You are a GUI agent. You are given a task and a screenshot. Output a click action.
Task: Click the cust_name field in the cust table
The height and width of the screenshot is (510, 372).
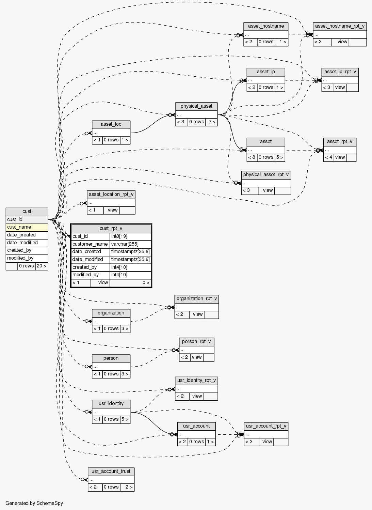27,227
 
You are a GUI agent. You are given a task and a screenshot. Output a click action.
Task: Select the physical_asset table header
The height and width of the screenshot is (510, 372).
196,106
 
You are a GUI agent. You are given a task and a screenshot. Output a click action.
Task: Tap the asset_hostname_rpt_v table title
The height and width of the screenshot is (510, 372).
339,26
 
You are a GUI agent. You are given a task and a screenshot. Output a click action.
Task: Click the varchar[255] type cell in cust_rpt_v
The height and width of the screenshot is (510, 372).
130,244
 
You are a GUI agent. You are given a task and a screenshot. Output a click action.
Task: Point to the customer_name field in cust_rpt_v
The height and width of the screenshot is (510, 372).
90,244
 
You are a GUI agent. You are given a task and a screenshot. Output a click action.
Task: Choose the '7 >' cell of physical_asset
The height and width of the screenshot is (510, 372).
211,122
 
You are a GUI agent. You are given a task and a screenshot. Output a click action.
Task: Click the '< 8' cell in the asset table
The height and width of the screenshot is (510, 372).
252,157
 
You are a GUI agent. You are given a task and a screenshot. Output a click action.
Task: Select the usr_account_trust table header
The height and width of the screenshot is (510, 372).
111,472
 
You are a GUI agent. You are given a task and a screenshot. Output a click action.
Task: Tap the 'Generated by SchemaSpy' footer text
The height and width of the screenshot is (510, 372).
34,503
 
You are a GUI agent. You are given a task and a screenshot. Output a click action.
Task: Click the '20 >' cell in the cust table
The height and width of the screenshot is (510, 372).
41,266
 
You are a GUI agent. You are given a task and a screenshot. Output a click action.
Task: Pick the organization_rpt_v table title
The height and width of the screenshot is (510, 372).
196,299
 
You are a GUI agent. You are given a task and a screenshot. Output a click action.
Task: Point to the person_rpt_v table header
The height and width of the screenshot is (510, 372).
196,341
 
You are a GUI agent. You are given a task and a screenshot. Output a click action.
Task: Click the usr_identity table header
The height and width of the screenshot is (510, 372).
111,404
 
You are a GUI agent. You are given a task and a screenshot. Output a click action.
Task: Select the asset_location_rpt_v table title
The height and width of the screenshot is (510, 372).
111,195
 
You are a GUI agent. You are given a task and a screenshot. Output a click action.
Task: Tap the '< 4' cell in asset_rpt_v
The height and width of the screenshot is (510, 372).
328,157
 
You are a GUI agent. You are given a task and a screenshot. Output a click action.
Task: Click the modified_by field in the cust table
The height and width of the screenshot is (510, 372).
27,258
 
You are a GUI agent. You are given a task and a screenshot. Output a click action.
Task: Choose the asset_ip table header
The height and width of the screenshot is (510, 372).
266,72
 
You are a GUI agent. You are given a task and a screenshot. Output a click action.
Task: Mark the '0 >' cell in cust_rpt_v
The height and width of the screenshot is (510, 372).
130,282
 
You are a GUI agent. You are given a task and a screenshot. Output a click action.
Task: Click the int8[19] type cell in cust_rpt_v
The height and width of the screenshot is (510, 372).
130,236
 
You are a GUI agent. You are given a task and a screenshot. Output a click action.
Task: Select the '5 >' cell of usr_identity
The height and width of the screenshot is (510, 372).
125,419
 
